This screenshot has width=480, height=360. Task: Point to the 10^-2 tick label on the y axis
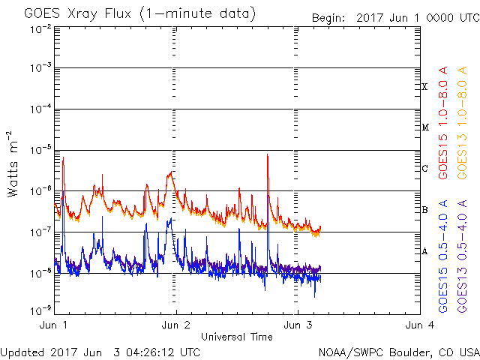pos(40,28)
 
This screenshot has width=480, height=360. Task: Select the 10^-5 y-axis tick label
pos(40,150)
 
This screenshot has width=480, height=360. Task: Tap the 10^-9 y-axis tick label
pos(40,310)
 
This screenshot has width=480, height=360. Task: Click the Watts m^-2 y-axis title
pos(13,164)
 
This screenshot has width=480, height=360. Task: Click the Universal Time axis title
pos(237,337)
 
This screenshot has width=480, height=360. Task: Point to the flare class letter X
pos(424,87)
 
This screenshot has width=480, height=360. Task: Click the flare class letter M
pos(424,127)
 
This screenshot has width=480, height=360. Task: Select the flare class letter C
pos(424,169)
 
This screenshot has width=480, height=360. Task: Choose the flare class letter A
pos(424,251)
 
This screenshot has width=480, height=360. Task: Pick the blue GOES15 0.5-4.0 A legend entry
pos(443,256)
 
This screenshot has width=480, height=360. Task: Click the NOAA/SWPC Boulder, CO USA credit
pos(398,351)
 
